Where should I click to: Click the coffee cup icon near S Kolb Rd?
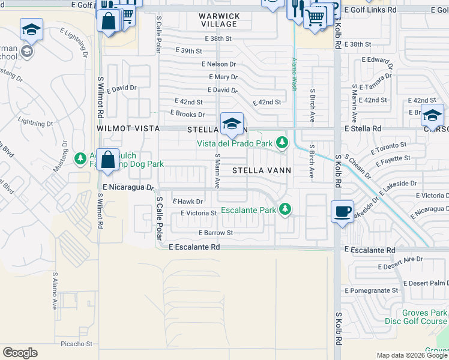pyautogui.click(x=342, y=212)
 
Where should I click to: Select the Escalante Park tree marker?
pyautogui.click(x=286, y=209)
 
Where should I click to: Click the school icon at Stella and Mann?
pyautogui.click(x=232, y=124)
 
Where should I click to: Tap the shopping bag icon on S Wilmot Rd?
pyautogui.click(x=107, y=160)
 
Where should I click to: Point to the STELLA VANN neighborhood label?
pyautogui.click(x=262, y=170)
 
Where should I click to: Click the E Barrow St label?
pyautogui.click(x=215, y=233)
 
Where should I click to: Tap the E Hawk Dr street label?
pyautogui.click(x=187, y=202)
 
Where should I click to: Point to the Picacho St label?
pyautogui.click(x=77, y=344)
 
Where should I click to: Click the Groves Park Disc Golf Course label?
pyautogui.click(x=422, y=317)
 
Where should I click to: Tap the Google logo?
pyautogui.click(x=20, y=353)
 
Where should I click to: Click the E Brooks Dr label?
pyautogui.click(x=187, y=114)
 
